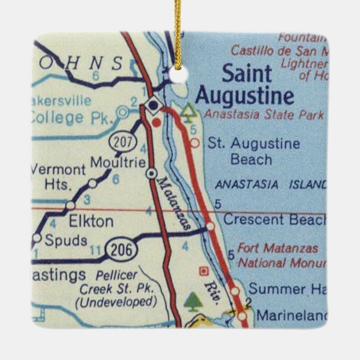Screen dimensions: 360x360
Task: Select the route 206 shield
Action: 122,250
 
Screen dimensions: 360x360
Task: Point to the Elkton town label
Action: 91,221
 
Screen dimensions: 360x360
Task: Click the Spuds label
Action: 67,241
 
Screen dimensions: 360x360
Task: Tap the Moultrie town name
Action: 119,163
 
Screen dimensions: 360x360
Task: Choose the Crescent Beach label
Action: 274,220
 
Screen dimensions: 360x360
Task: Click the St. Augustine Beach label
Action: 253,151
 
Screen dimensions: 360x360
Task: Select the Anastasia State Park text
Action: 264,115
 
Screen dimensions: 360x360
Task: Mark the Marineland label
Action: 290,316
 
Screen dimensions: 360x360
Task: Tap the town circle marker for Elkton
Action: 70,205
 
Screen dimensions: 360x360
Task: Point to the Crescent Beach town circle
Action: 210,226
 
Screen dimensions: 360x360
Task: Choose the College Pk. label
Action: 72,118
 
